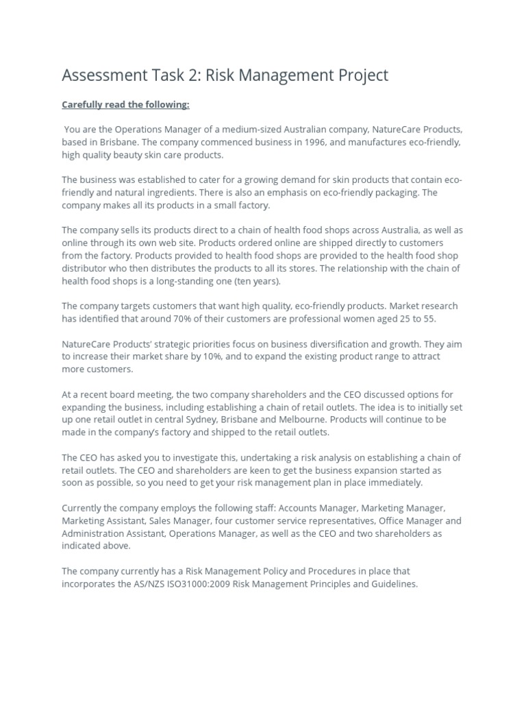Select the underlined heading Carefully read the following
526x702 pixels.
point(125,105)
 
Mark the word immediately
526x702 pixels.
point(390,483)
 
